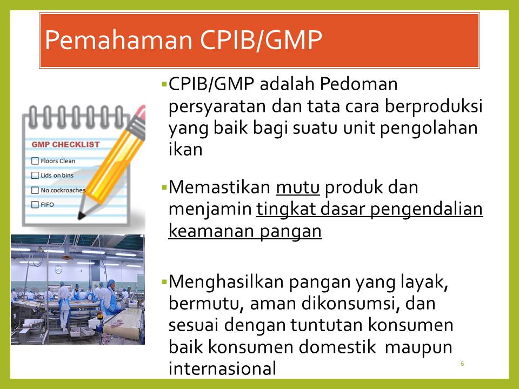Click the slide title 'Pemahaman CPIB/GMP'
coord(183,41)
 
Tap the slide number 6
coord(462,363)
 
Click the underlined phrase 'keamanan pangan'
coord(245,231)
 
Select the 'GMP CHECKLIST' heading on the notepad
coord(65,144)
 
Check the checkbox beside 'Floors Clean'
coord(35,161)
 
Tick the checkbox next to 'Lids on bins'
coord(35,176)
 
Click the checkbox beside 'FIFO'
coord(35,205)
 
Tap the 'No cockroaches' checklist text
coord(63,190)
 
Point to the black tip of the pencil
coord(81,216)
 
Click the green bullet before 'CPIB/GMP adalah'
coord(163,85)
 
